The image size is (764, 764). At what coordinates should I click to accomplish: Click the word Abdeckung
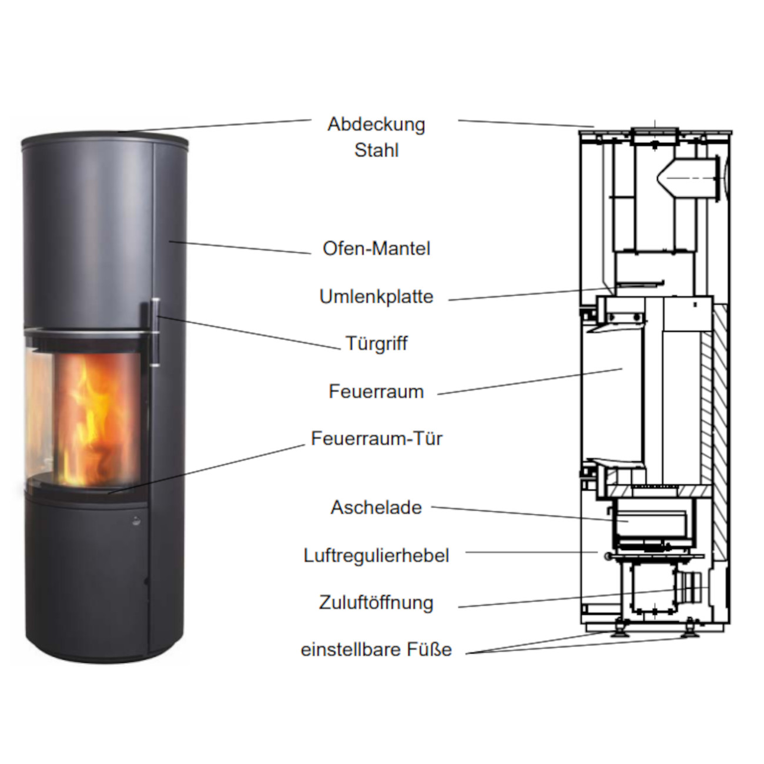376,125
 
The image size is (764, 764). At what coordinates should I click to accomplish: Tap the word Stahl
376,150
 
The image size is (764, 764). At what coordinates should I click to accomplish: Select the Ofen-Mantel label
376,249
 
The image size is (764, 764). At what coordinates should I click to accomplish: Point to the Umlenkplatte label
376,296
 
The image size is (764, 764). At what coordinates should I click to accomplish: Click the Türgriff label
376,343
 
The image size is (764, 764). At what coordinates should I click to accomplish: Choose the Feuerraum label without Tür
376,391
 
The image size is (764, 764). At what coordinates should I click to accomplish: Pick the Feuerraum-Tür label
376,438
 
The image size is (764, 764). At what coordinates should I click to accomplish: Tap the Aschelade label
376,507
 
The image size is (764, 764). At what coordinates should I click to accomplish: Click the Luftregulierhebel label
376,555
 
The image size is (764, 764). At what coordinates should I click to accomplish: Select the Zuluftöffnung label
376,602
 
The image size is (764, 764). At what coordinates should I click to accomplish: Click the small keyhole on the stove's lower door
136,520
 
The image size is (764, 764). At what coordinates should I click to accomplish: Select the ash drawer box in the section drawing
649,523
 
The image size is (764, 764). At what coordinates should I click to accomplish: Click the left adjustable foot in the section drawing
618,630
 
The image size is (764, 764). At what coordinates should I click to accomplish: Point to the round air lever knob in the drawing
605,555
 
